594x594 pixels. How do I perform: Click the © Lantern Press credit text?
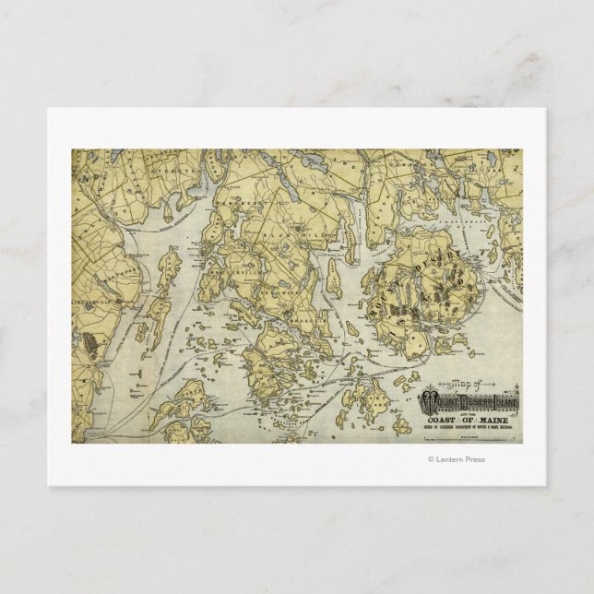coord(456,458)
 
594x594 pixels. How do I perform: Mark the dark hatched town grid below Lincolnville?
coord(89,343)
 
